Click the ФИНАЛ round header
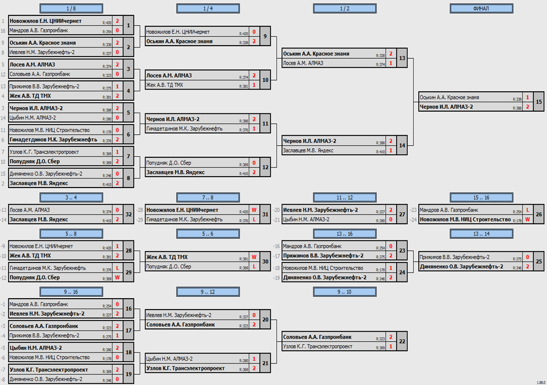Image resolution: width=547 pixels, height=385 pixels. [x=482, y=8]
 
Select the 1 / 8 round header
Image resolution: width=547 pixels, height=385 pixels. [x=71, y=8]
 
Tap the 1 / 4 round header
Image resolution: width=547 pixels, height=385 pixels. [x=208, y=8]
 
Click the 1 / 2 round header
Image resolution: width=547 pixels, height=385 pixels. [x=345, y=8]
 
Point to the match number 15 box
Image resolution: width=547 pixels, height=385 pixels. [x=538, y=102]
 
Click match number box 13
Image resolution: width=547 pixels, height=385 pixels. [x=402, y=58]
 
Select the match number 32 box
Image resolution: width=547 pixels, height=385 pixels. [x=129, y=215]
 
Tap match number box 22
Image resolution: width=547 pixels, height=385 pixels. [x=402, y=342]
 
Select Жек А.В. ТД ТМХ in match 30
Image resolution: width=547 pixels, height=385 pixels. [x=167, y=257]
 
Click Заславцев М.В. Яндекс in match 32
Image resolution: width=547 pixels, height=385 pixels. [x=39, y=220]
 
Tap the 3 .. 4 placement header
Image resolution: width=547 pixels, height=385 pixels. [x=71, y=197]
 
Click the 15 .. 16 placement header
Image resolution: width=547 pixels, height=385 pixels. [x=482, y=197]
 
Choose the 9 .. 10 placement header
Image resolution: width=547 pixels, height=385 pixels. [x=345, y=292]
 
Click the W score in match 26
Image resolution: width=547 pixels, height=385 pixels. [x=527, y=220]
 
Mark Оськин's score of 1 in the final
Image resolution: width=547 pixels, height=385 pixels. [x=527, y=98]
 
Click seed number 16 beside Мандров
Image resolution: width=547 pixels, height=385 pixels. [x=3, y=31]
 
